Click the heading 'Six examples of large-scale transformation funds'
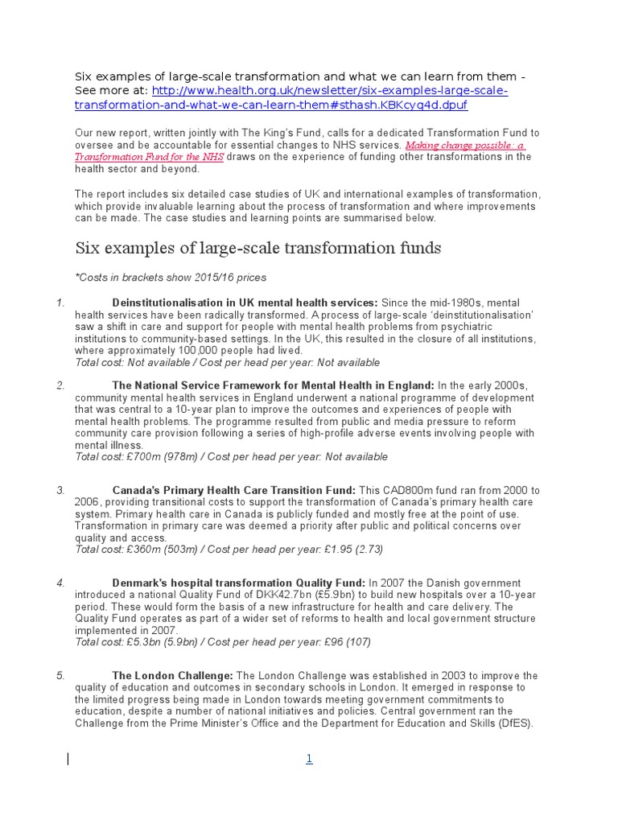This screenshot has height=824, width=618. pos(257,248)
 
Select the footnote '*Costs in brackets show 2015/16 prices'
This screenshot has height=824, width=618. pos(170,278)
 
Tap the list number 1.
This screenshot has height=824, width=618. pos(60,303)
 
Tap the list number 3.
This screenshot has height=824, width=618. pos(60,490)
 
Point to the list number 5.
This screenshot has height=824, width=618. pos(60,676)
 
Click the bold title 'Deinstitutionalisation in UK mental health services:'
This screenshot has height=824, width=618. pos(245,303)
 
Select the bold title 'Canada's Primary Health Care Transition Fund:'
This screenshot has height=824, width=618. pos(233,490)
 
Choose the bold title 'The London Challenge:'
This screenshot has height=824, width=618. pos(173,676)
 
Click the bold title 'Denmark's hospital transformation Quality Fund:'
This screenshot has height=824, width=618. pos(238,583)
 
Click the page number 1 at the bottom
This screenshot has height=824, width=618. pos(308,759)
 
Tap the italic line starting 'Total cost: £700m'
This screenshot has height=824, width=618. pos(231,457)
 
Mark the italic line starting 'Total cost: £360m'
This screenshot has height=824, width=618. pos(229,550)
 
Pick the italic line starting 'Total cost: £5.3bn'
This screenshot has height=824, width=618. pos(223,642)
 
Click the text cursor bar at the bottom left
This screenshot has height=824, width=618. pos(68,758)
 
